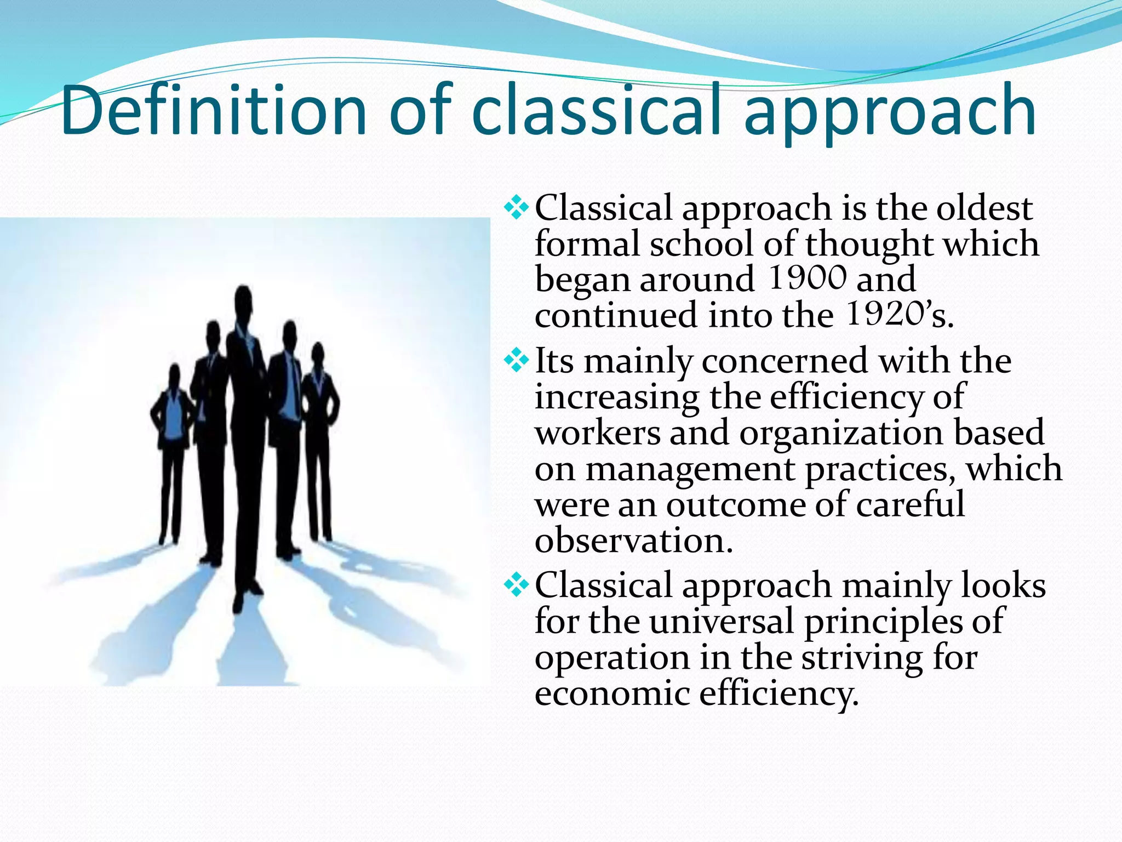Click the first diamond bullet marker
pyautogui.click(x=516, y=208)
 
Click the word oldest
pyautogui.click(x=984, y=208)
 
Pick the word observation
pyautogui.click(x=633, y=541)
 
